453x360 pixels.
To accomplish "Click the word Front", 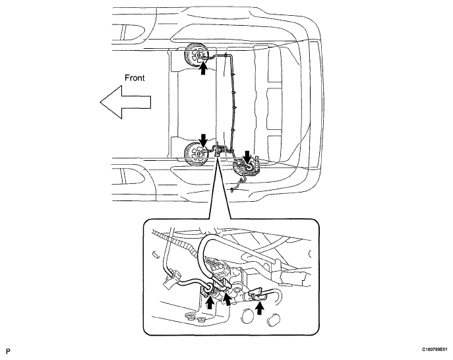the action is [x=135, y=78].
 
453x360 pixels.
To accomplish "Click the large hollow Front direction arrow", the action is [x=125, y=102].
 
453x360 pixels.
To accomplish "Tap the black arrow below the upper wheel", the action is [x=204, y=69].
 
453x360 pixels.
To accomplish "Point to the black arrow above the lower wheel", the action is [x=204, y=140].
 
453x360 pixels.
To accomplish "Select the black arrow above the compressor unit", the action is [x=247, y=157].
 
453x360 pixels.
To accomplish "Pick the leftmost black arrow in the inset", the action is [x=210, y=303].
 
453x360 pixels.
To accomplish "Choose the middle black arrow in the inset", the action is [x=227, y=299].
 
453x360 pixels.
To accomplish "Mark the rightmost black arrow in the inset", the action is [x=260, y=308].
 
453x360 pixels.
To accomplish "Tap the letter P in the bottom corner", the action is [x=8, y=351].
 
